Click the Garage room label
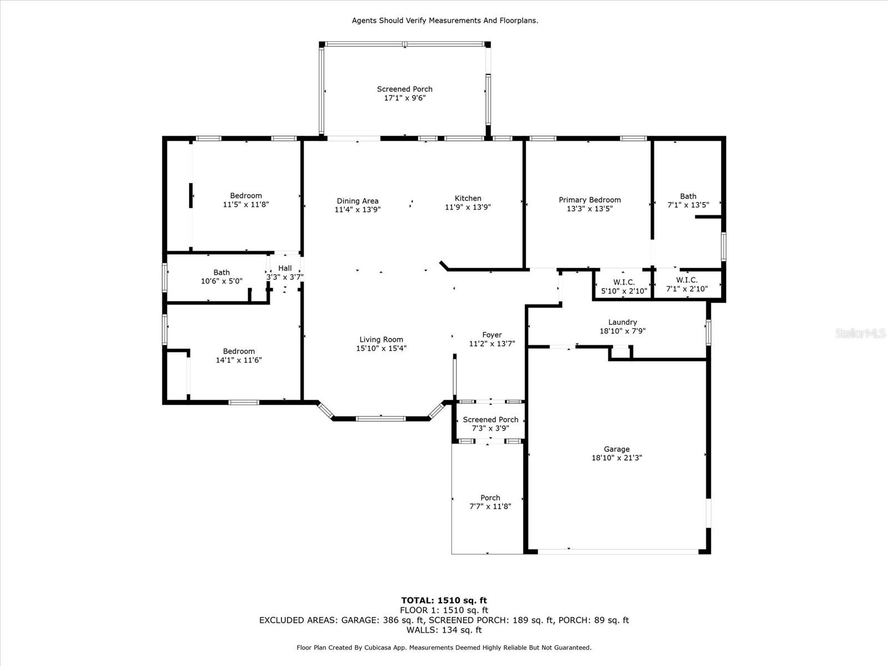[x=617, y=450]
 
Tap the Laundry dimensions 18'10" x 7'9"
[x=622, y=331]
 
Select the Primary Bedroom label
[x=589, y=200]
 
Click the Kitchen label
[x=468, y=199]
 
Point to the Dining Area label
[x=357, y=201]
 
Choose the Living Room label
[x=381, y=340]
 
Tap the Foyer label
[x=492, y=335]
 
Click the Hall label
[x=285, y=269]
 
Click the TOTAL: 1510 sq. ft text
[x=444, y=600]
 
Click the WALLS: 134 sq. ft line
[x=444, y=630]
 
